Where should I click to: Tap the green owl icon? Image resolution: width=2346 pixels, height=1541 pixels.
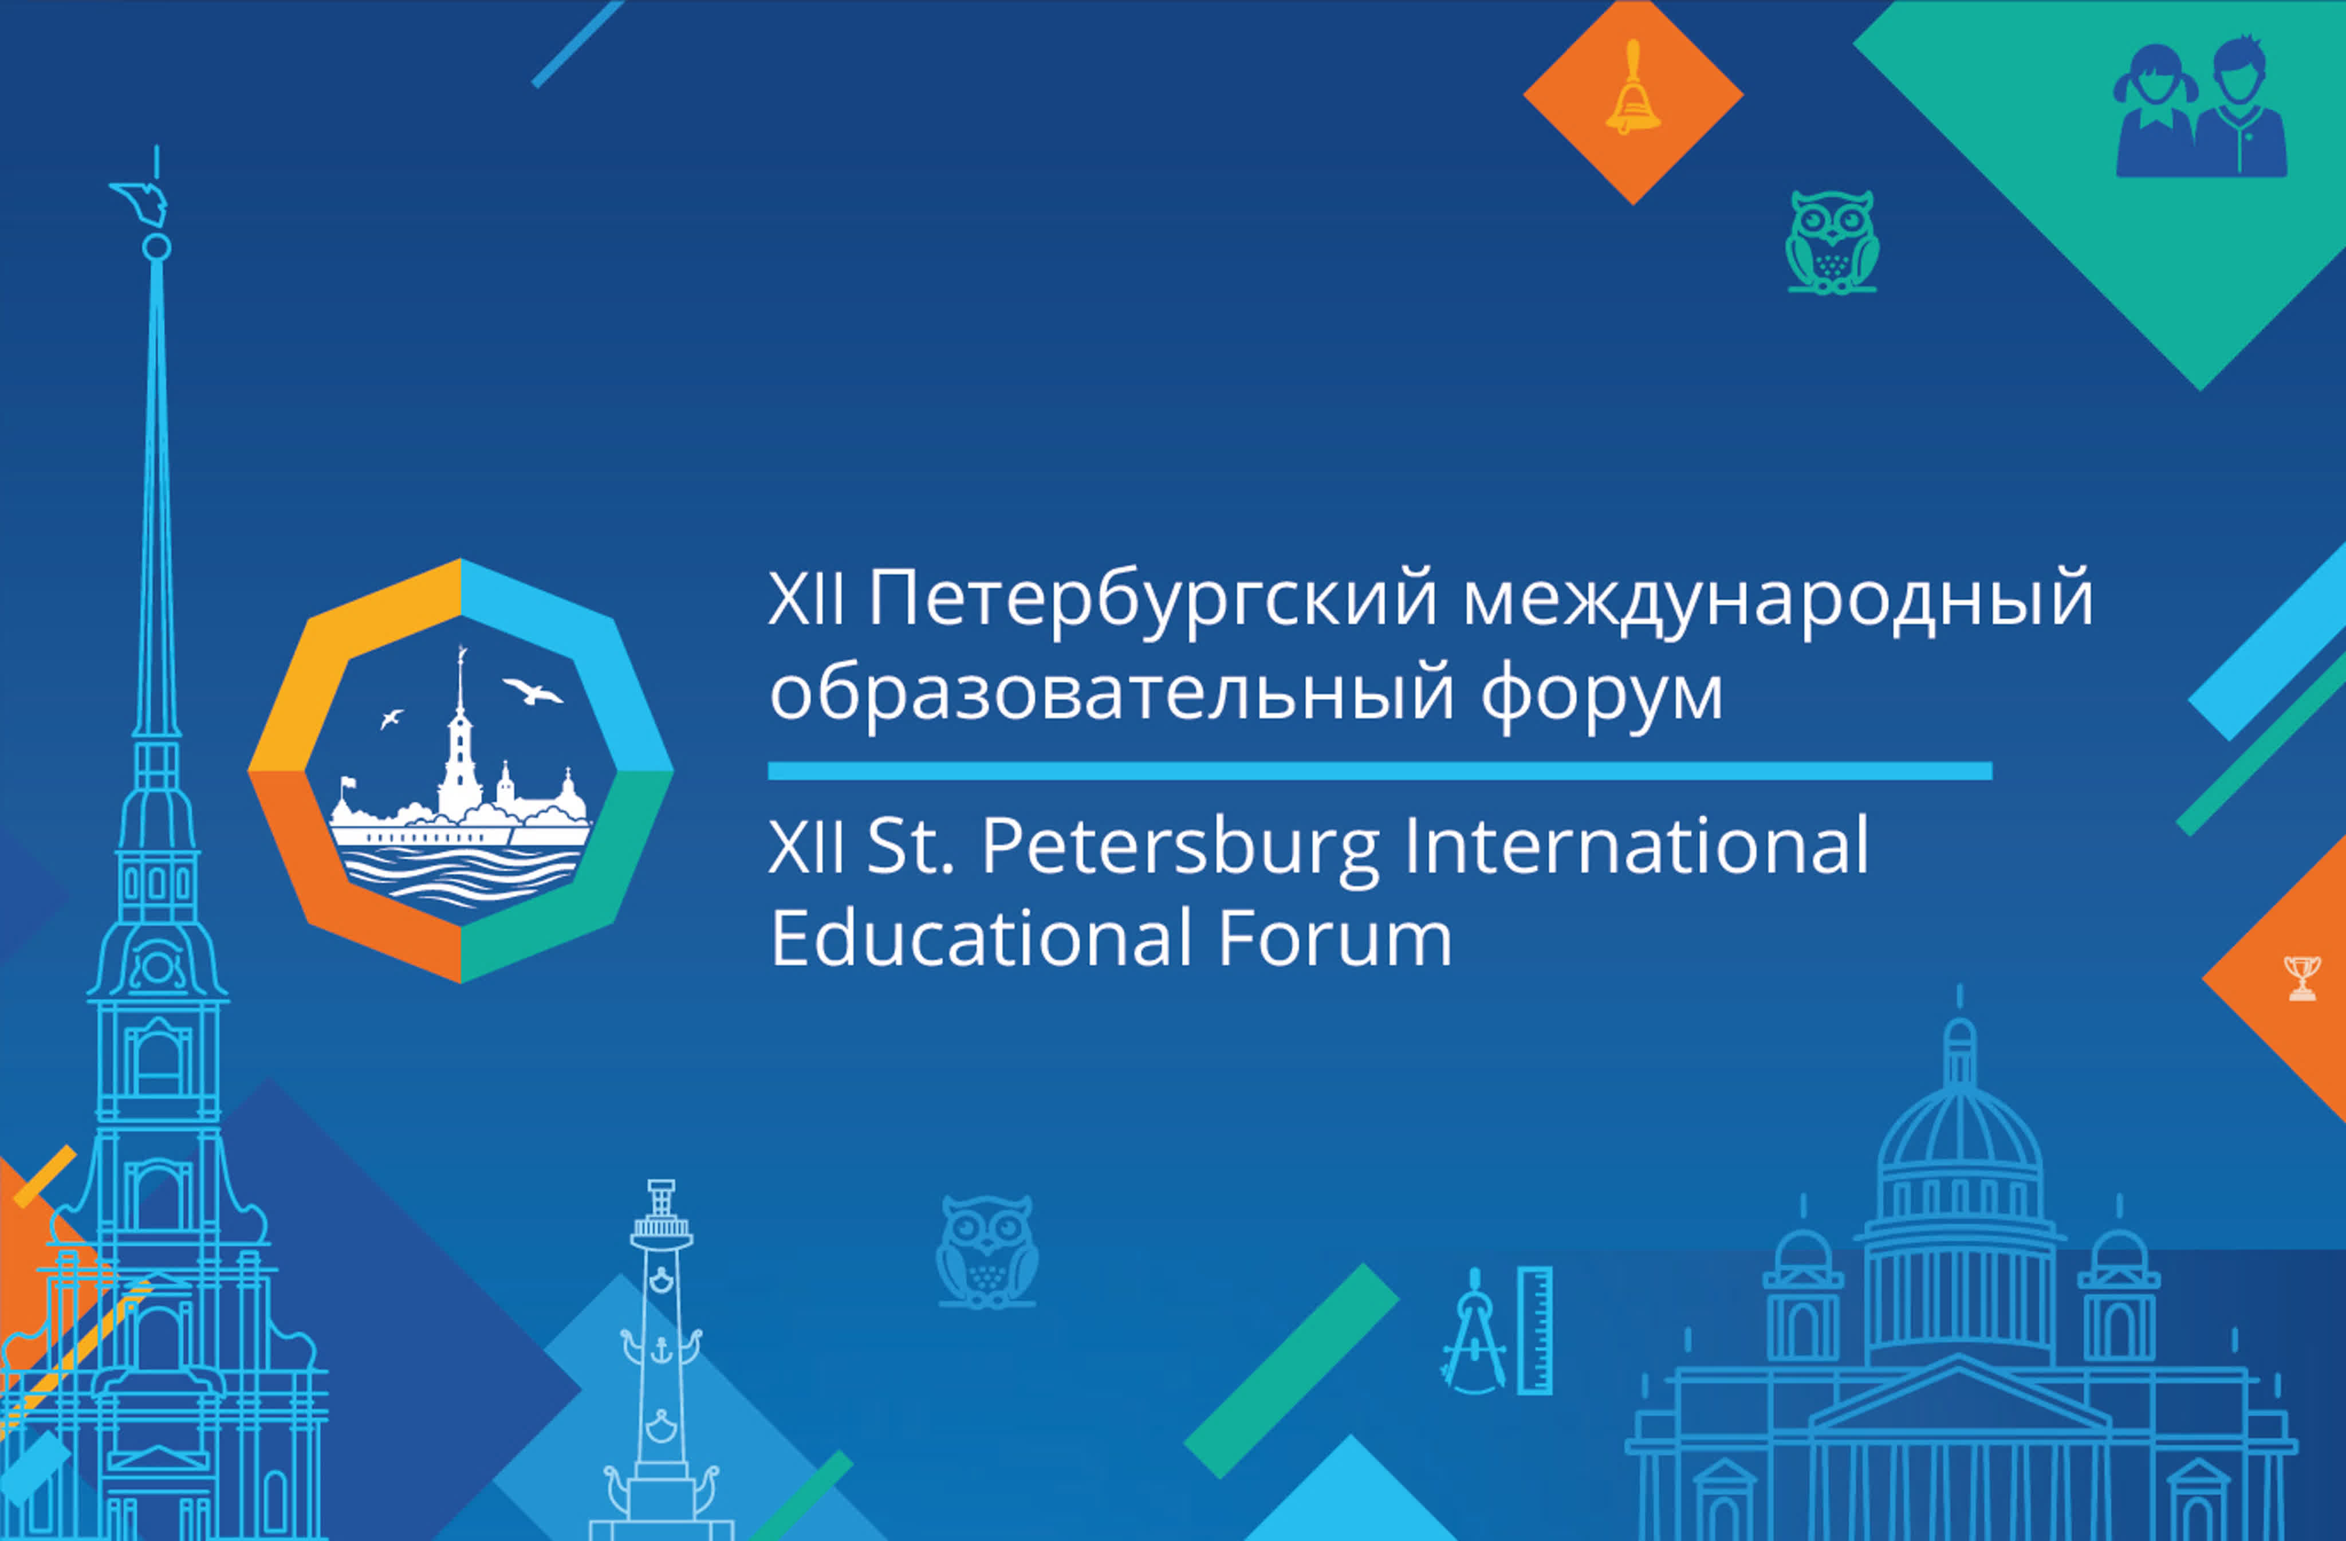(1832, 242)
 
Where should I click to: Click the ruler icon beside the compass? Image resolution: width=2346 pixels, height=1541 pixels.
(1535, 1331)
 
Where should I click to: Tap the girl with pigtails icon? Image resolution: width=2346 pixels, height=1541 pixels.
(2156, 111)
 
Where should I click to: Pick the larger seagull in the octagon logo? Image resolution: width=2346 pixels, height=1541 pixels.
(532, 690)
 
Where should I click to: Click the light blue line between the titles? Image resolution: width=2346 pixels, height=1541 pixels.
(1380, 771)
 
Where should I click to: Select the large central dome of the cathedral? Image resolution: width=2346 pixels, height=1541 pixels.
(1959, 1146)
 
